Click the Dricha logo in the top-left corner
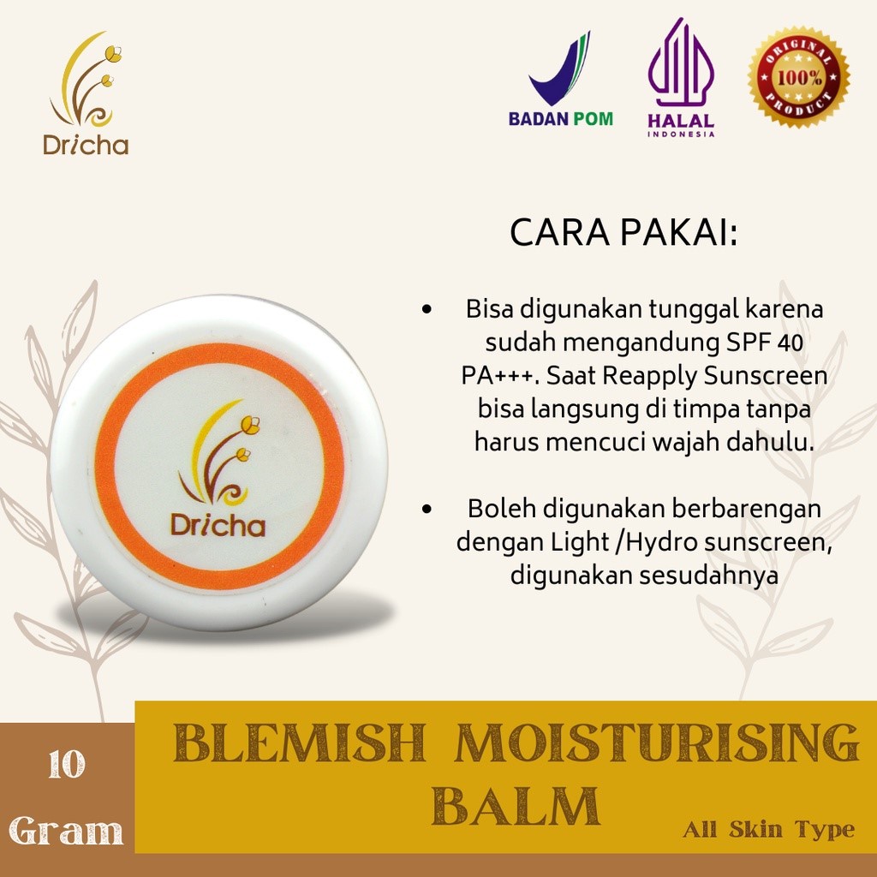pyautogui.click(x=86, y=93)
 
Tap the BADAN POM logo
pyautogui.click(x=560, y=79)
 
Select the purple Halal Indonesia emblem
pyautogui.click(x=681, y=77)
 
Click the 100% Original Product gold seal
pyautogui.click(x=799, y=76)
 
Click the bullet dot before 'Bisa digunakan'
pyautogui.click(x=427, y=309)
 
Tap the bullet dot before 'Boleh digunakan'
pyautogui.click(x=427, y=509)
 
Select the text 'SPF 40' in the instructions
pyautogui.click(x=765, y=342)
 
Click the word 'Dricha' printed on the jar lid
pyautogui.click(x=218, y=525)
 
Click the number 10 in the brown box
pyautogui.click(x=67, y=765)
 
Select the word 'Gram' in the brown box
pyautogui.click(x=66, y=830)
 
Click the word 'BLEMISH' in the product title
pyautogui.click(x=300, y=743)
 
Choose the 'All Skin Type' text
pyautogui.click(x=768, y=829)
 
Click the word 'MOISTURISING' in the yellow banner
pyautogui.click(x=657, y=743)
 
